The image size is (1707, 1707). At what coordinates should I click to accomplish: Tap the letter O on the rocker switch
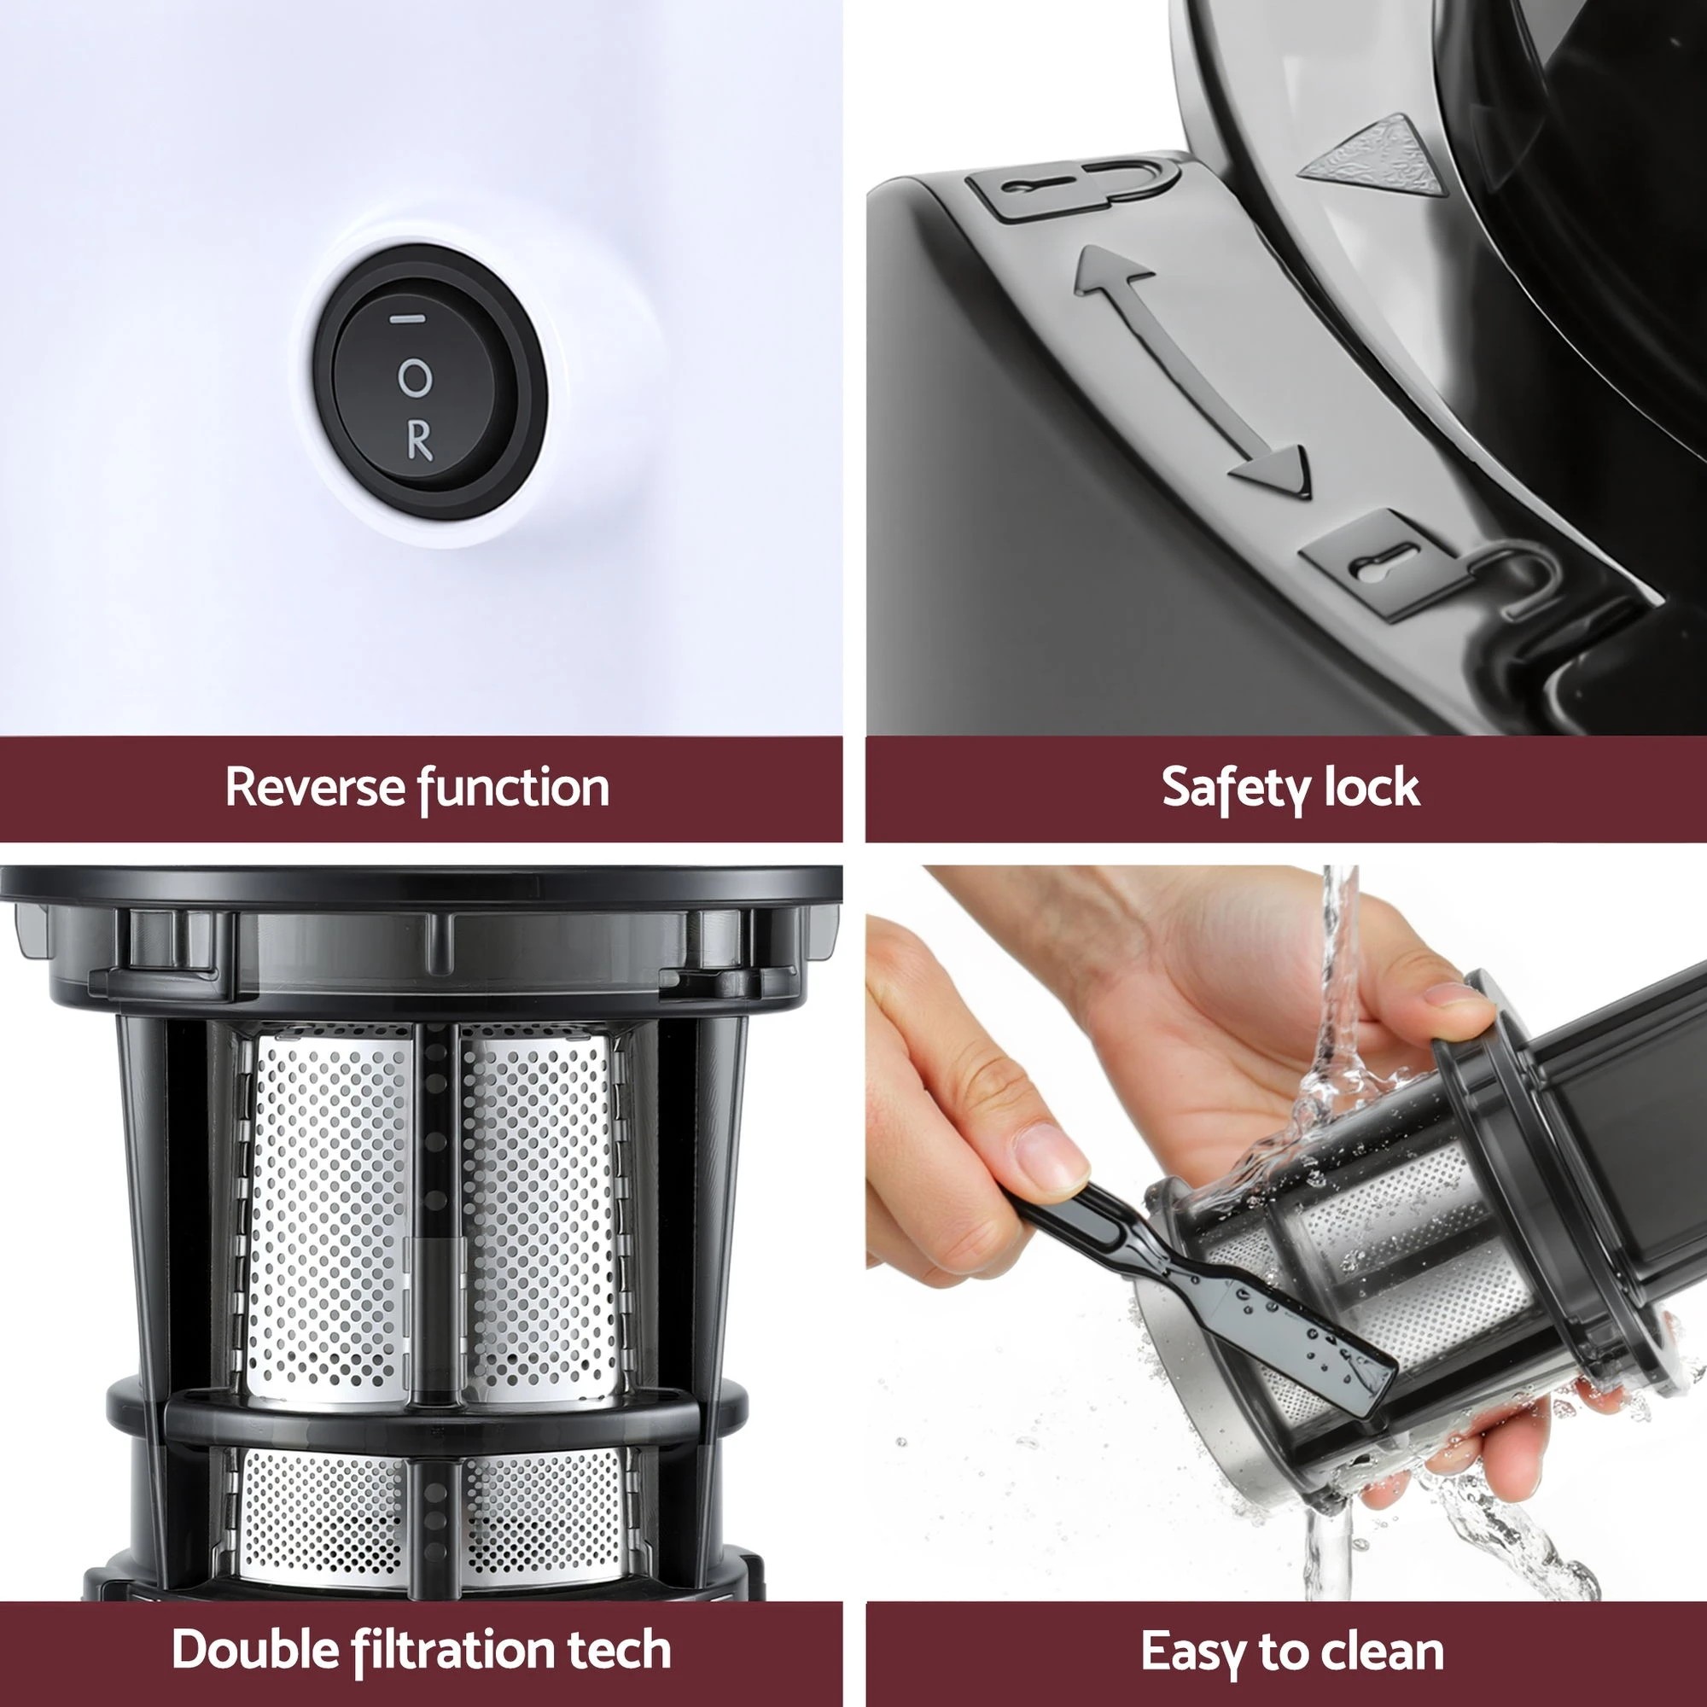(415, 378)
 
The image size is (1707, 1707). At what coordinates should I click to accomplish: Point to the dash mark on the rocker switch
(407, 319)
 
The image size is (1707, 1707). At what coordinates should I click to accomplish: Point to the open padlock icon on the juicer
(1413, 566)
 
